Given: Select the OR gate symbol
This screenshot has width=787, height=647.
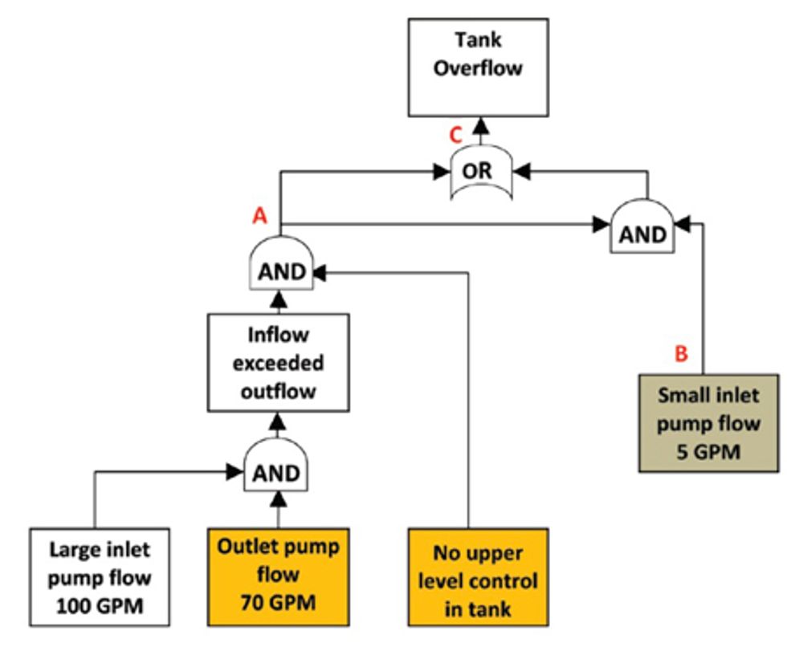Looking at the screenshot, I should tap(481, 172).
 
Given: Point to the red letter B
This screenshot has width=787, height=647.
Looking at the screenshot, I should tap(681, 354).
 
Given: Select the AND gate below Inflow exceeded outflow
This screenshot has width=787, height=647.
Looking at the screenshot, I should tap(277, 470).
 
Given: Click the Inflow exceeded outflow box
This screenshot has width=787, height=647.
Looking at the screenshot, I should tap(279, 363).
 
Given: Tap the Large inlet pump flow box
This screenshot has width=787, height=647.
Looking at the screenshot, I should tap(100, 576).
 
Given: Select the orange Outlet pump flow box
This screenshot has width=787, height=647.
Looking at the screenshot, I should tap(279, 576).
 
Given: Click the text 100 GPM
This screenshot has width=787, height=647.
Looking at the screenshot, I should tap(101, 605).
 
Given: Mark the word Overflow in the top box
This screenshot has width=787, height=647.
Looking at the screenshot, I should tap(479, 67).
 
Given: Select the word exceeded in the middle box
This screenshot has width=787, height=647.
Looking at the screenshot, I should tap(279, 363).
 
